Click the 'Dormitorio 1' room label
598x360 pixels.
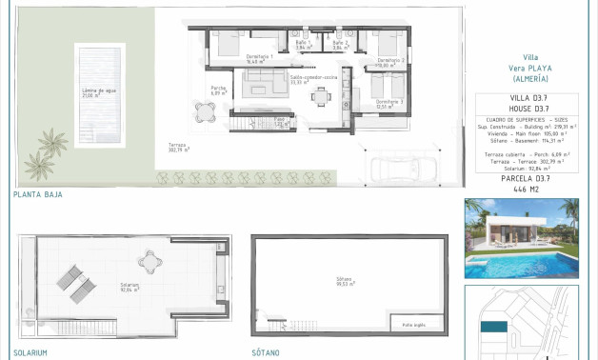coord(260,57)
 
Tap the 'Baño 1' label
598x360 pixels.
coord(302,44)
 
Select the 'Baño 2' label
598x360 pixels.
coord(339,44)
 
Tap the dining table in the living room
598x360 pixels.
coord(322,98)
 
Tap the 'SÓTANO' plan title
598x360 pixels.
coord(266,352)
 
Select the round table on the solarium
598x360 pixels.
coord(150,258)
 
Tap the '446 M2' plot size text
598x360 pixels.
coord(526,190)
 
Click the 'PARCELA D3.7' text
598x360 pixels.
coord(526,177)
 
